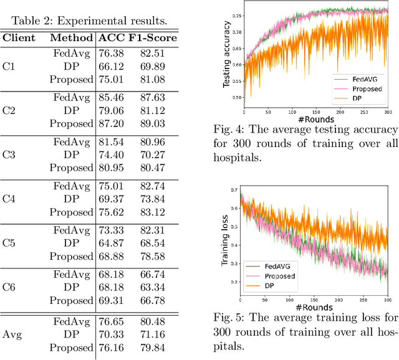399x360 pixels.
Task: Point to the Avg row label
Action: click(x=12, y=334)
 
